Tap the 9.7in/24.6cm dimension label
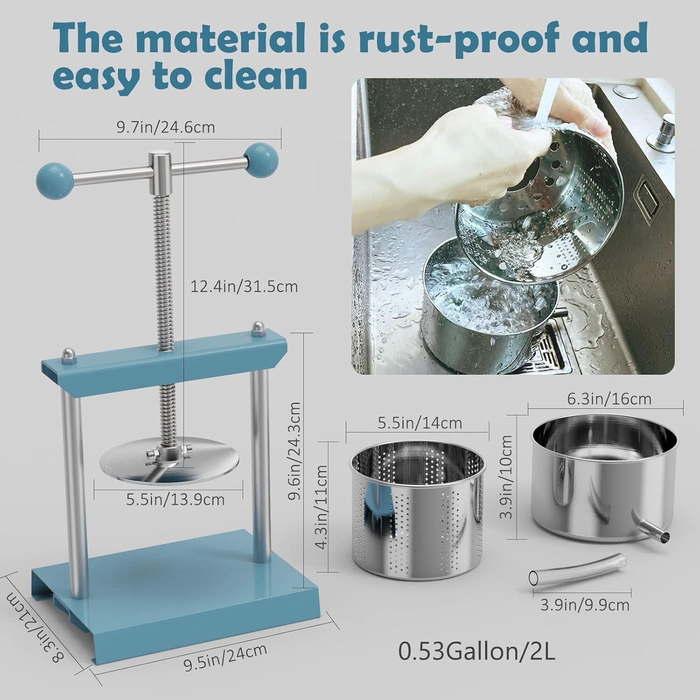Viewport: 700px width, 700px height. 166,127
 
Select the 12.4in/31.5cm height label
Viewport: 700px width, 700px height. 244,286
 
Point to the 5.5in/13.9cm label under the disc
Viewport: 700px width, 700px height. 175,499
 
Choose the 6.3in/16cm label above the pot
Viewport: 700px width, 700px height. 605,399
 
